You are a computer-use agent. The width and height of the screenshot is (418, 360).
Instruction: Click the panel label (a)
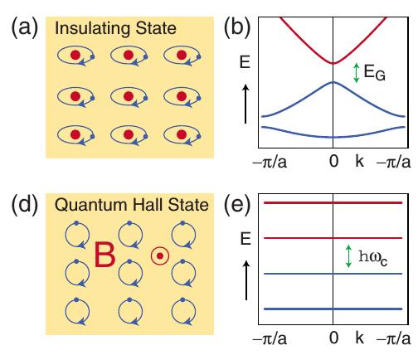coord(24,27)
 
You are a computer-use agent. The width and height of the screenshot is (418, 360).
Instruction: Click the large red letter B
coord(104,255)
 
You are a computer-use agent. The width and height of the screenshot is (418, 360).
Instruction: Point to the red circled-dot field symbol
coord(160,256)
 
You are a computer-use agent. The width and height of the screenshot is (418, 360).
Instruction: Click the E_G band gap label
coord(375,72)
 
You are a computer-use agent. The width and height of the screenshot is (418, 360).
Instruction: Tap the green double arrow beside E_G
coord(357,73)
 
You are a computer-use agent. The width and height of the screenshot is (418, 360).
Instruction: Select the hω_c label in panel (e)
coord(372,258)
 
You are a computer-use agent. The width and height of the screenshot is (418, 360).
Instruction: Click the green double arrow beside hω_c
coord(348,256)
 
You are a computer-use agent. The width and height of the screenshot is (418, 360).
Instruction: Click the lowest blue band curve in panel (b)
coord(333,137)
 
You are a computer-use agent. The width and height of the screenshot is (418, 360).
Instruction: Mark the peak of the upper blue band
coord(333,82)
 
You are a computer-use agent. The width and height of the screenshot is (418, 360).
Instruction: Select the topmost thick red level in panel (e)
coord(333,202)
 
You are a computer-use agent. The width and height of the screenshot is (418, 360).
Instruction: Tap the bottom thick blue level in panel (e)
coord(333,309)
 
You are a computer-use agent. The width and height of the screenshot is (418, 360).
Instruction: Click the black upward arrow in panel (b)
coord(245,104)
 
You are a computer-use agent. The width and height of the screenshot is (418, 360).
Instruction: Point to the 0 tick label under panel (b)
coord(333,161)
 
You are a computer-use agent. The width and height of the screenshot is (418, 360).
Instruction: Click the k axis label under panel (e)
coord(359,338)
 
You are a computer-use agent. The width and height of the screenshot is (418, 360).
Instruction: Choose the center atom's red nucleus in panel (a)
coord(129,96)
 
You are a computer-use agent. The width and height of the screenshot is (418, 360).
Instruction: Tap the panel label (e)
coord(236,205)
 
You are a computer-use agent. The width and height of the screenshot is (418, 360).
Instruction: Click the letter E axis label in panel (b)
coord(245,61)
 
